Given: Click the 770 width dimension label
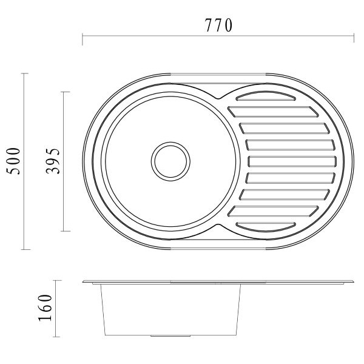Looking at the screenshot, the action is [x=218, y=25].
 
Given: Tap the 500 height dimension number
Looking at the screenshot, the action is [x=13, y=161].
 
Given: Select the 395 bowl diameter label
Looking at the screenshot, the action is [x=53, y=161].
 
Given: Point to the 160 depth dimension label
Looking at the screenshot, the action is [x=45, y=308].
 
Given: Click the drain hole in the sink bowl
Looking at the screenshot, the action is [x=170, y=161].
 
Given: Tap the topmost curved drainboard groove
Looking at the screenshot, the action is [x=266, y=96].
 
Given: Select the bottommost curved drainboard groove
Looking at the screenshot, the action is [x=266, y=227].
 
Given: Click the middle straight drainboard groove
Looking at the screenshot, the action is [x=292, y=161].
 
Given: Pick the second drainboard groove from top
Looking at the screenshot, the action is [x=273, y=112].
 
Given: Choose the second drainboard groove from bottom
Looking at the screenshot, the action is [x=273, y=211].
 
